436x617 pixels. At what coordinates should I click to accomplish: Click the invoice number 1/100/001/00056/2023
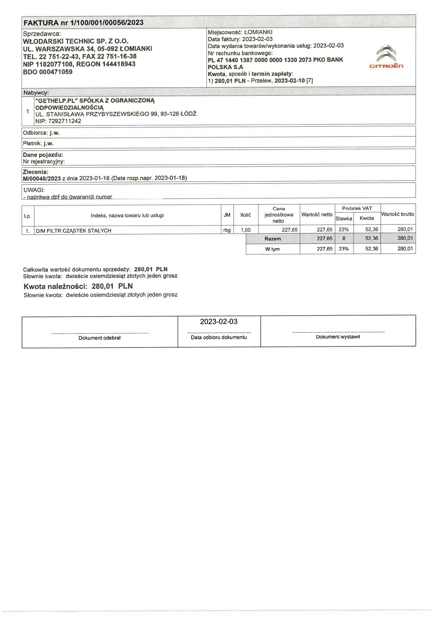point(107,23)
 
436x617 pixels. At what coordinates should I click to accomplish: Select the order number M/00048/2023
point(42,178)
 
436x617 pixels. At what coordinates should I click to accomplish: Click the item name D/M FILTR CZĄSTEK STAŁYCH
point(73,231)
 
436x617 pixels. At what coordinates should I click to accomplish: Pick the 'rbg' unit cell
point(227,230)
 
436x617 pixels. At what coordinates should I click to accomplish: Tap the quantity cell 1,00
point(245,230)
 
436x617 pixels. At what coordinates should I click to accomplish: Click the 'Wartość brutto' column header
point(398,214)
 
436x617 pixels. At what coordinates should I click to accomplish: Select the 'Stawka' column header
point(344,218)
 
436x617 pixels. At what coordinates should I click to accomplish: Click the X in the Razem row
point(344,238)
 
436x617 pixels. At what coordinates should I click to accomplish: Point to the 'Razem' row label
point(272,238)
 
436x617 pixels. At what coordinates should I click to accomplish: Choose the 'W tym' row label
point(272,249)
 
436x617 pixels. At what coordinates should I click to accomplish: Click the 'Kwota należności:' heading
point(55,286)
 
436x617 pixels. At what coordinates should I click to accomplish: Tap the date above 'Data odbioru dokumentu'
point(219,322)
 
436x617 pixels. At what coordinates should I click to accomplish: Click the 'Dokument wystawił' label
point(338,337)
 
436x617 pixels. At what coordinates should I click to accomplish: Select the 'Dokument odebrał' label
point(100,338)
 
